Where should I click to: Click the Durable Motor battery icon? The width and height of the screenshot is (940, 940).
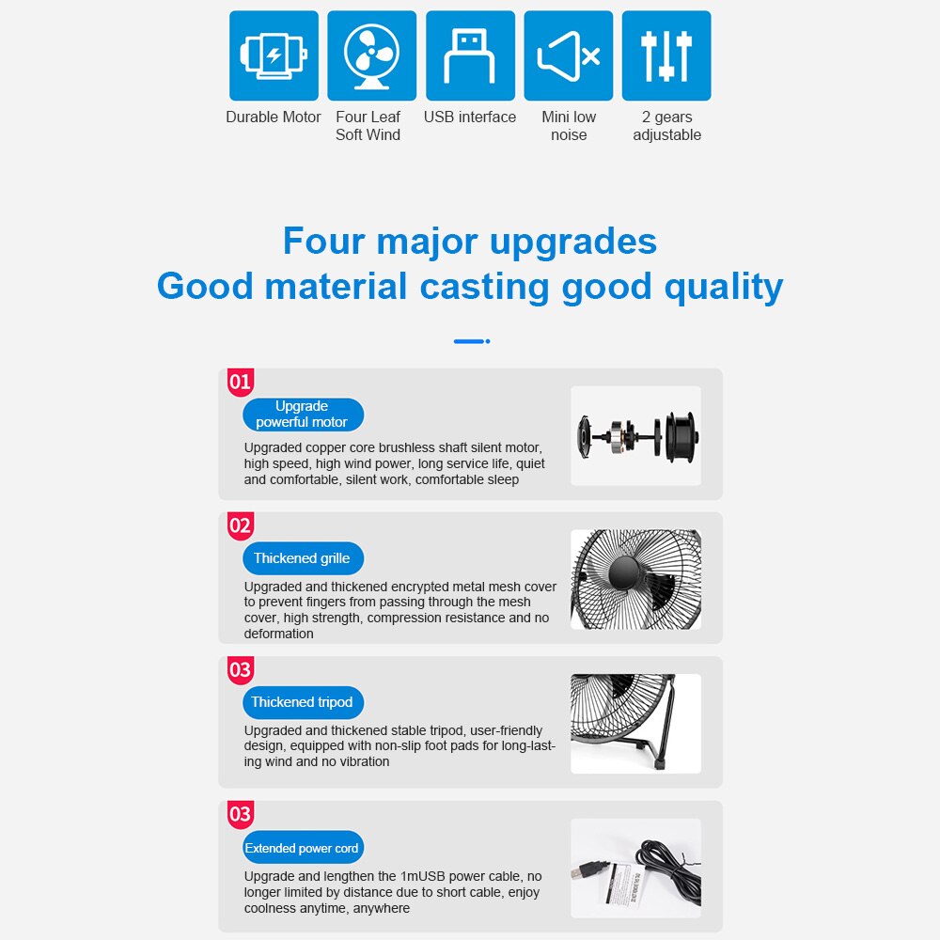point(274,55)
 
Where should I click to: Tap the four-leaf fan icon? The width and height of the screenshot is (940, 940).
point(371,55)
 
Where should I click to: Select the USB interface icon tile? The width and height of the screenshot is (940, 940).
point(470,55)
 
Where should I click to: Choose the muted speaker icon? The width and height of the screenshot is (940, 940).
point(569,55)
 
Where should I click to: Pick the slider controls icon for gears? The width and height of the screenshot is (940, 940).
point(666,55)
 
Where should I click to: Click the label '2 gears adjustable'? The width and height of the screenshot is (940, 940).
point(666,126)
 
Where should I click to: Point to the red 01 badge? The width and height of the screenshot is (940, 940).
point(241,382)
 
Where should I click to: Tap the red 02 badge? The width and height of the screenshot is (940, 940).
point(241,525)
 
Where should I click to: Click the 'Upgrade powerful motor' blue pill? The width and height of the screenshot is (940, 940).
point(303,415)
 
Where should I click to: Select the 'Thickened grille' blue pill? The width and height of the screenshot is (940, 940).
point(303,558)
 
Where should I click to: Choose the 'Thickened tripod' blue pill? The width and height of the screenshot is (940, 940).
point(303,702)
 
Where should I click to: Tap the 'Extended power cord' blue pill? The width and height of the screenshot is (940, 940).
point(303,848)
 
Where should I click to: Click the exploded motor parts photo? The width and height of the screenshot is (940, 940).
point(636,436)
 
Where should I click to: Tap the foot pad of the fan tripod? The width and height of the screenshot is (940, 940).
point(660,763)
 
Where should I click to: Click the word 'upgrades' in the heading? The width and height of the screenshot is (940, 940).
point(573,243)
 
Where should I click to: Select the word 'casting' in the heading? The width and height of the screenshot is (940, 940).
point(484,287)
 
